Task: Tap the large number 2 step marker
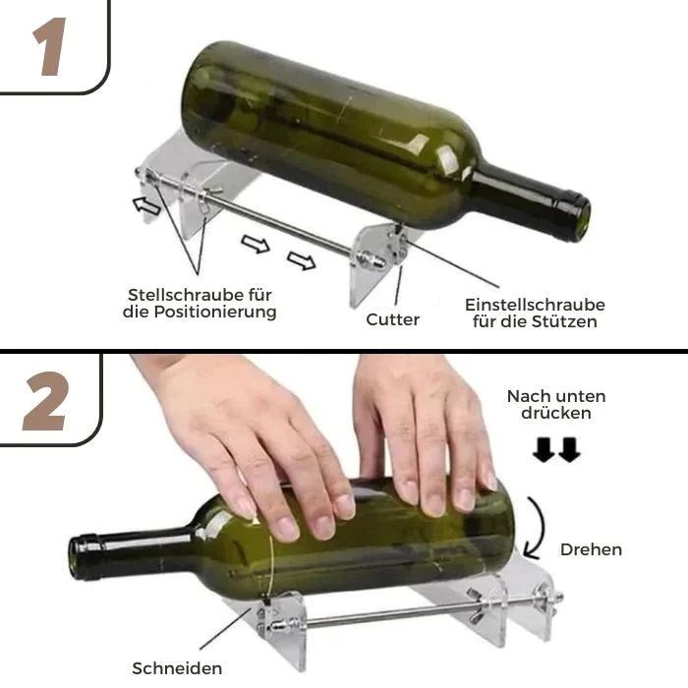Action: (45, 403)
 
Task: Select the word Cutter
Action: (393, 319)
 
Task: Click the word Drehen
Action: (591, 549)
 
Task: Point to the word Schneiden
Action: (178, 668)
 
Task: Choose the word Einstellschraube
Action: (535, 305)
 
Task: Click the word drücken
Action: (556, 414)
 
